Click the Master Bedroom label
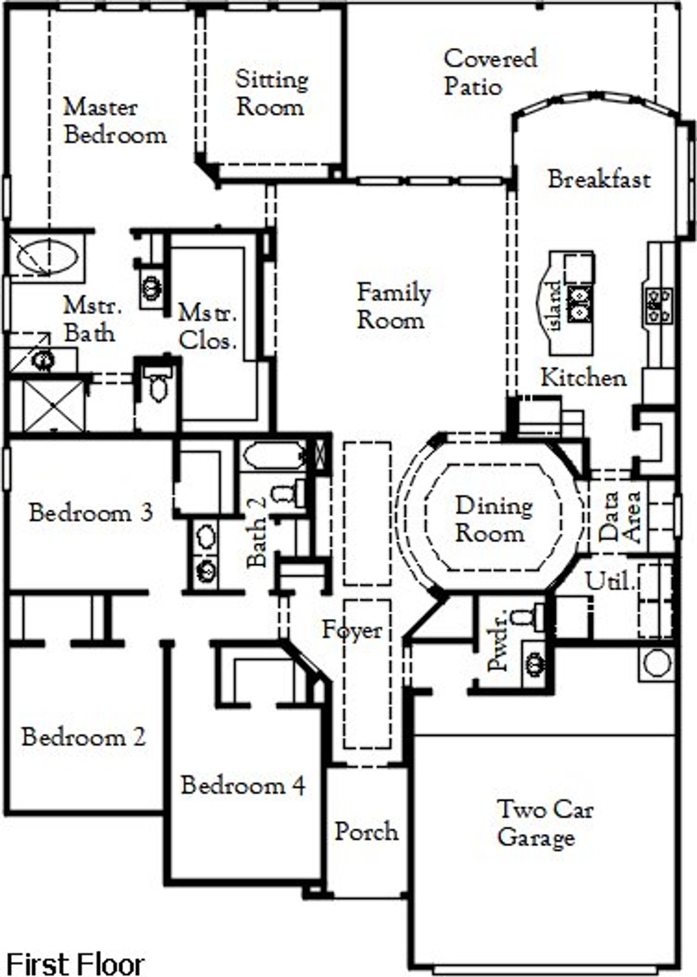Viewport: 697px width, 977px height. (x=114, y=121)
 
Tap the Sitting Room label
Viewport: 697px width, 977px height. (x=271, y=93)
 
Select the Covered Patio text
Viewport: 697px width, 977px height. (x=490, y=72)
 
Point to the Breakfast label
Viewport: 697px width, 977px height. (x=599, y=180)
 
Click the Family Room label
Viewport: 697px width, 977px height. (x=393, y=306)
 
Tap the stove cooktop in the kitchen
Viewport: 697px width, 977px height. (x=658, y=305)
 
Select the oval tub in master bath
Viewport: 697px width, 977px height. (x=46, y=256)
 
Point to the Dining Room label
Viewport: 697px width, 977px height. (x=493, y=519)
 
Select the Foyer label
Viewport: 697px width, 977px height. (x=352, y=630)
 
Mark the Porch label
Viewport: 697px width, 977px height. (x=366, y=832)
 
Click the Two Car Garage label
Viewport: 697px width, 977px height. (x=545, y=823)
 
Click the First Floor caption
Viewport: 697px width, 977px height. (x=75, y=963)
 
